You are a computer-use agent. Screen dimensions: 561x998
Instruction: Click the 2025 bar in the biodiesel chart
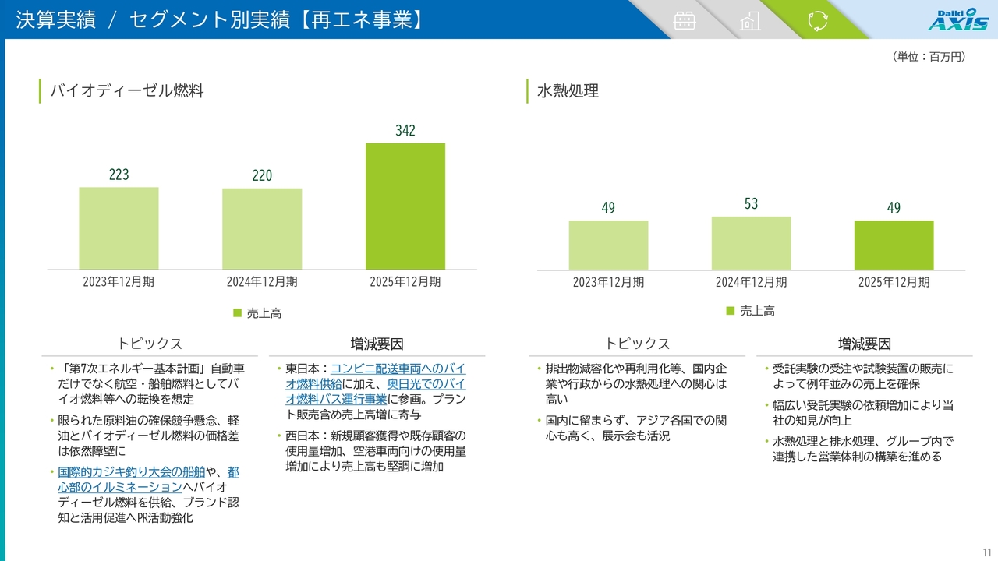405,206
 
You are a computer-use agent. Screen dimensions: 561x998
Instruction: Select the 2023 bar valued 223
119,228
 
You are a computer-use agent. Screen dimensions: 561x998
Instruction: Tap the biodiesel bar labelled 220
262,229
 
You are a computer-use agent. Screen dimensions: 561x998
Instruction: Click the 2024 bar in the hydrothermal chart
751,243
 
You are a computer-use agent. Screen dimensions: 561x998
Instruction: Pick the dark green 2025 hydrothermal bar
894,245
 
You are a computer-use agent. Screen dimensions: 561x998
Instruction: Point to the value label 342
405,131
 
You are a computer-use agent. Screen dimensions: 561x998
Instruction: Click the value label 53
751,204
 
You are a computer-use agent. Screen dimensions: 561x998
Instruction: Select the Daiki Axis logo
957,19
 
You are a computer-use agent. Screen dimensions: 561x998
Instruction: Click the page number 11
987,550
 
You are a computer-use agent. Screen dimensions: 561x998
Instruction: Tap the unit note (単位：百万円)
929,57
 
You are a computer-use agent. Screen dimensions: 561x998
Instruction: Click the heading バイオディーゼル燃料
127,91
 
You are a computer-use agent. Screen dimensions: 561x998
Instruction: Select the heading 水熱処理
568,91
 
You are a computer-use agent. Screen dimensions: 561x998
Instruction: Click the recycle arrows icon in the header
817,20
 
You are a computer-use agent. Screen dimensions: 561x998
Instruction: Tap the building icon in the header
750,20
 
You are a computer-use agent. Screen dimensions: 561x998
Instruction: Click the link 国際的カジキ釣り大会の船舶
131,472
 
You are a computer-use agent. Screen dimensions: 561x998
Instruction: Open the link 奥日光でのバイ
426,384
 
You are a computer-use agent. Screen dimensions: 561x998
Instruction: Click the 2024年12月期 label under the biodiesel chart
262,282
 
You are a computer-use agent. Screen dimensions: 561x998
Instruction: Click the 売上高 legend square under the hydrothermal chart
731,310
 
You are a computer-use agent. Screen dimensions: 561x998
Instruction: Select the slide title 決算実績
55,20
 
